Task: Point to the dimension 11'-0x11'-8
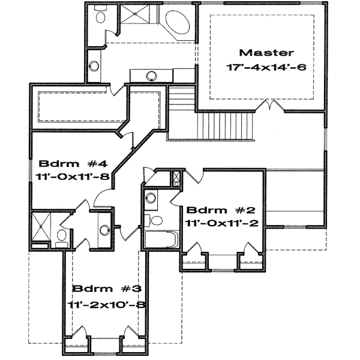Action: pos(64,178)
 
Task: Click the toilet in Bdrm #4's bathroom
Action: pos(62,236)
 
